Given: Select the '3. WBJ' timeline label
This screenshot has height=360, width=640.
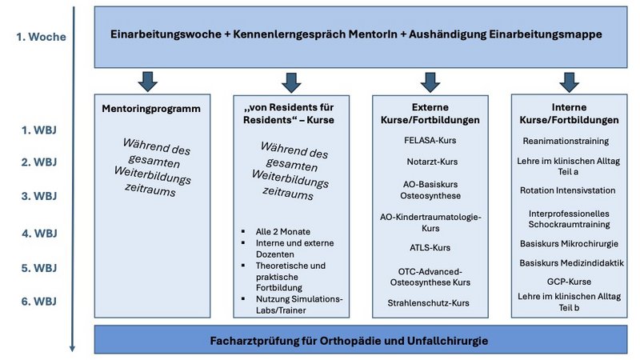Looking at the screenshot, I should (38, 196).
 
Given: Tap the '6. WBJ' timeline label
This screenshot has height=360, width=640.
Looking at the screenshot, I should (38, 302).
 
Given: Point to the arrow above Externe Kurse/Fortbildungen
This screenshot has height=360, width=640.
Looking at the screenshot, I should (430, 81).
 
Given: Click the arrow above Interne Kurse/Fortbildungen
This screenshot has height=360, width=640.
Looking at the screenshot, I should (569, 81).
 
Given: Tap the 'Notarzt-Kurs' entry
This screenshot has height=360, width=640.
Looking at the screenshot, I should (430, 161).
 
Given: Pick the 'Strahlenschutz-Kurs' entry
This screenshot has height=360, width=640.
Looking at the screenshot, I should (430, 303).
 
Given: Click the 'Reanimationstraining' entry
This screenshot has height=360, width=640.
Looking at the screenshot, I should (568, 141).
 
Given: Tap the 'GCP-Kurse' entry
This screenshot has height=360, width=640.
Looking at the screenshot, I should (568, 282).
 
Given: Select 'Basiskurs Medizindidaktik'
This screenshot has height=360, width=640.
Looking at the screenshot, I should (568, 262).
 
